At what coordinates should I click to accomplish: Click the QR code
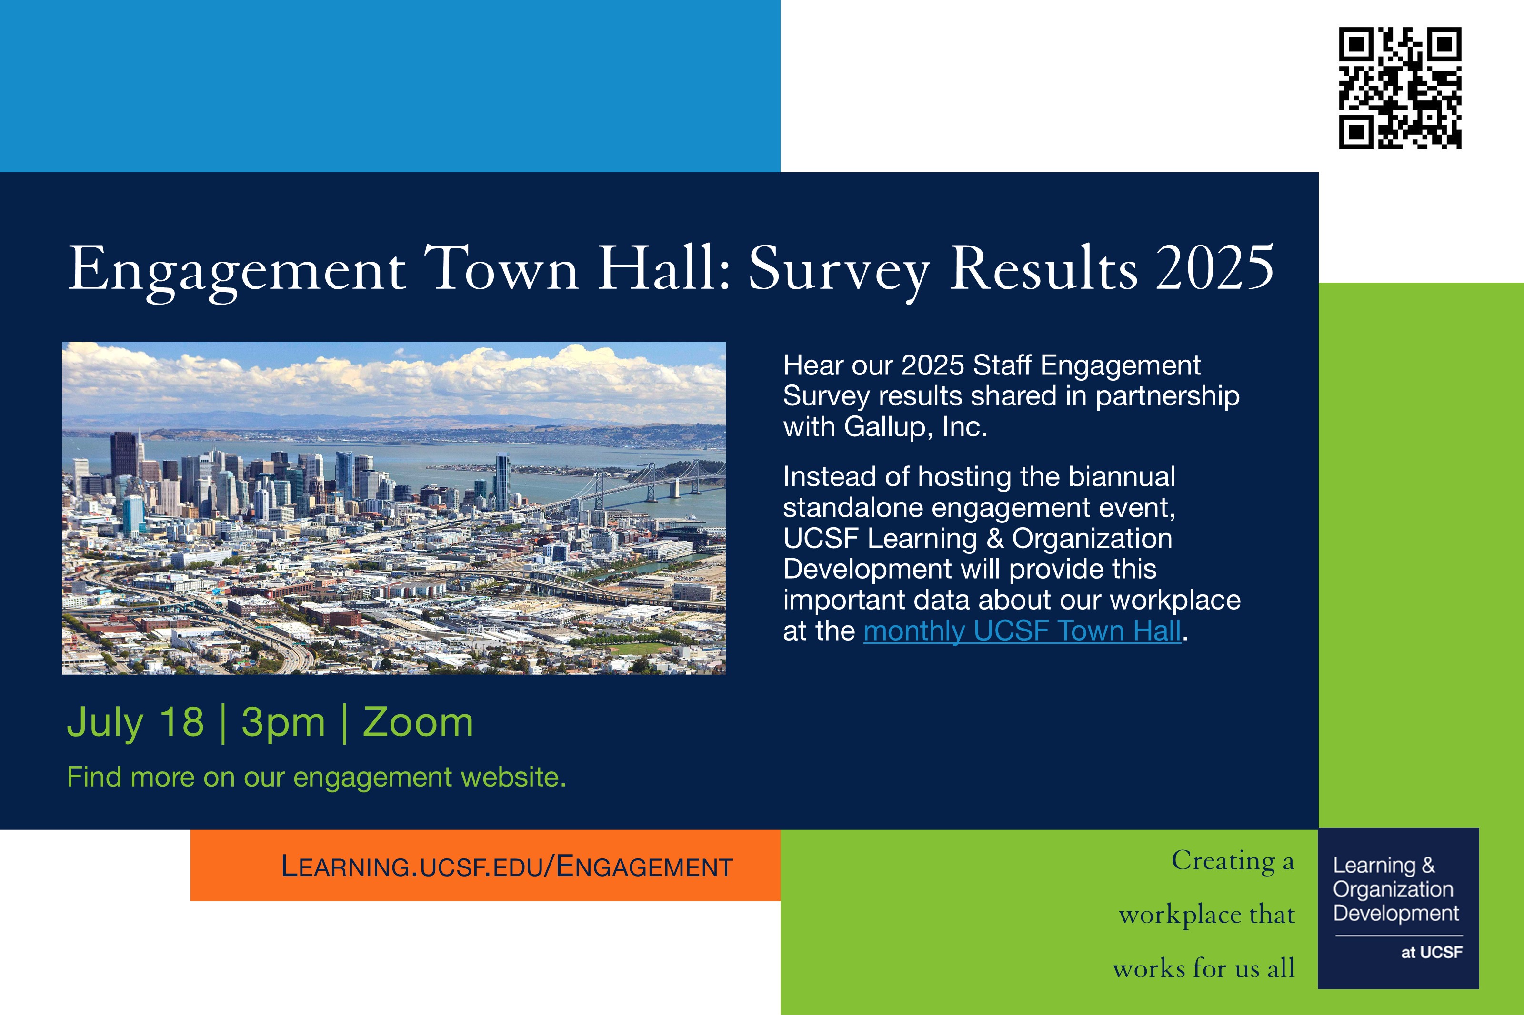pyautogui.click(x=1400, y=88)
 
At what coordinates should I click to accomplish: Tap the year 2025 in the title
pyautogui.click(x=1215, y=267)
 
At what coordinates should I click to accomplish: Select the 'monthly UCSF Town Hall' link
pyautogui.click(x=1022, y=631)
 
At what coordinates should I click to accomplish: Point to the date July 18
pyautogui.click(x=135, y=722)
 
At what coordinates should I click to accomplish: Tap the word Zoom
pyautogui.click(x=418, y=722)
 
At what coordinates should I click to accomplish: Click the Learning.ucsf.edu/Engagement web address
pyautogui.click(x=506, y=867)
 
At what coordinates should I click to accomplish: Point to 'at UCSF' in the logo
pyautogui.click(x=1432, y=952)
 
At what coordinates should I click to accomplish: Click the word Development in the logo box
pyautogui.click(x=1396, y=913)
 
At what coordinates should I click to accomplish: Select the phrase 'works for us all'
pyautogui.click(x=1203, y=968)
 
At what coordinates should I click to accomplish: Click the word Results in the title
pyautogui.click(x=1043, y=267)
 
